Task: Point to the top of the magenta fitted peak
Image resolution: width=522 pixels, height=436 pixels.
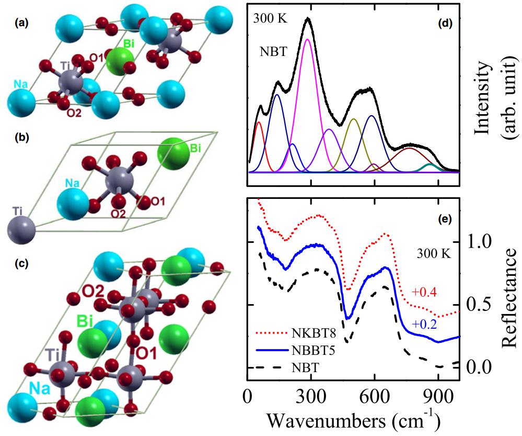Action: coord(307,40)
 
